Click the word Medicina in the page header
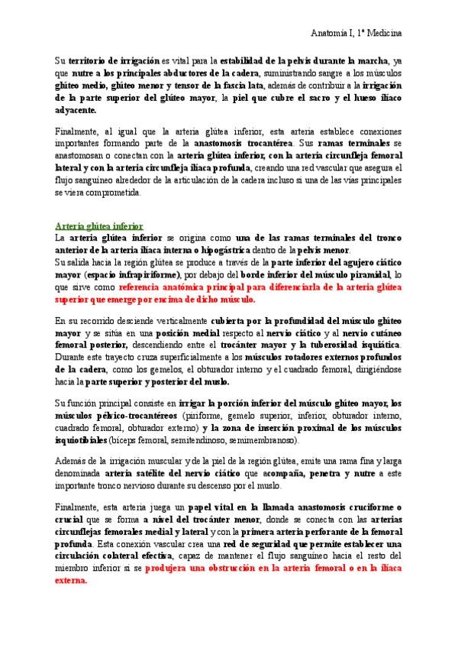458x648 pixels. coord(385,34)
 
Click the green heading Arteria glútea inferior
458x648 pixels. coord(99,226)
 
